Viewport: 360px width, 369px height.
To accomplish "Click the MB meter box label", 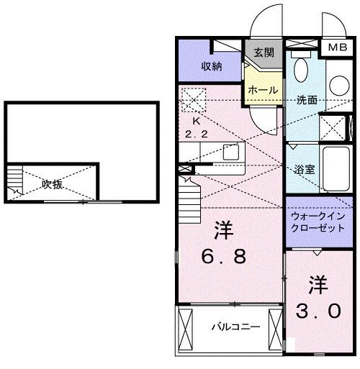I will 336,47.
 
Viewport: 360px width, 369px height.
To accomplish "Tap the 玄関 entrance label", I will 264,53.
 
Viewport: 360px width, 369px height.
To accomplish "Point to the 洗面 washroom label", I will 307,100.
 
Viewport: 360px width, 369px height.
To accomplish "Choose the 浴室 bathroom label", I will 303,170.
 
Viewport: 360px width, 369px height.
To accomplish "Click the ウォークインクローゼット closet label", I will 318,221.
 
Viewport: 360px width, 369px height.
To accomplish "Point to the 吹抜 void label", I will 52,184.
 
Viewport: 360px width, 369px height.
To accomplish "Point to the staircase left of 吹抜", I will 15,183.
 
